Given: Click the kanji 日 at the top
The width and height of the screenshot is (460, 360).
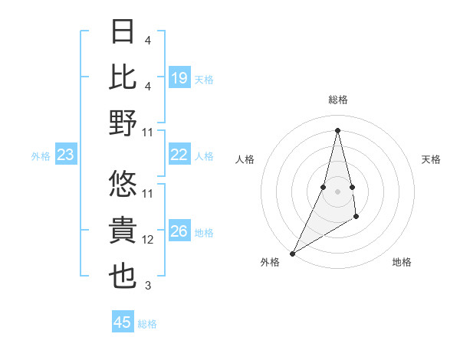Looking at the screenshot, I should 123,32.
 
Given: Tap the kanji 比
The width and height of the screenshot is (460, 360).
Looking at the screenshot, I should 123,77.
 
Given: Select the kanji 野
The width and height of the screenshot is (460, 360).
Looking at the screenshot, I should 123,123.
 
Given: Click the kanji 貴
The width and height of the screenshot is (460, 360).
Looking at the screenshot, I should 123,230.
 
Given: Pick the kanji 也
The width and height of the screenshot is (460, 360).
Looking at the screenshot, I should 123,276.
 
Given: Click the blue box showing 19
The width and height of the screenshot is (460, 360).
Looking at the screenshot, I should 179,78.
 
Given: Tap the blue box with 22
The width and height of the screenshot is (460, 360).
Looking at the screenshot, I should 179,155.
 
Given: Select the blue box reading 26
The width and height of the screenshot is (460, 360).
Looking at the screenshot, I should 179,232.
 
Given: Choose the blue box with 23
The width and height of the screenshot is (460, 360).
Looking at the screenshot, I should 65,155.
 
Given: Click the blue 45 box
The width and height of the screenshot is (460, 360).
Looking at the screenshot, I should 122,322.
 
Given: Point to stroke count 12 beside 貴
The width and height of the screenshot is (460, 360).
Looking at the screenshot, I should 148,240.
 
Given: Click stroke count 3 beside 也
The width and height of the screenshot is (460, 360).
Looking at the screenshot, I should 148,286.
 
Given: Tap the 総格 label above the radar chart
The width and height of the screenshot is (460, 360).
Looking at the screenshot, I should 337,100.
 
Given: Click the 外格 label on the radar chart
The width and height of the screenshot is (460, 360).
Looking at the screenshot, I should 270,262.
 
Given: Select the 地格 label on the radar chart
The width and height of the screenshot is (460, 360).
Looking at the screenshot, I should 402,262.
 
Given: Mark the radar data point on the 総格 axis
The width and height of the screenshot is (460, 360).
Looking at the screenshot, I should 337,129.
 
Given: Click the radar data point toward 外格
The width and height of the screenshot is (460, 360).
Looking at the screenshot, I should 292,253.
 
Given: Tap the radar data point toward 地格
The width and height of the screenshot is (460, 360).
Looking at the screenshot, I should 356,218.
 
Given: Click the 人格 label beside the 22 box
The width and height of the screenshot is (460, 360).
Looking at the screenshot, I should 204,156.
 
